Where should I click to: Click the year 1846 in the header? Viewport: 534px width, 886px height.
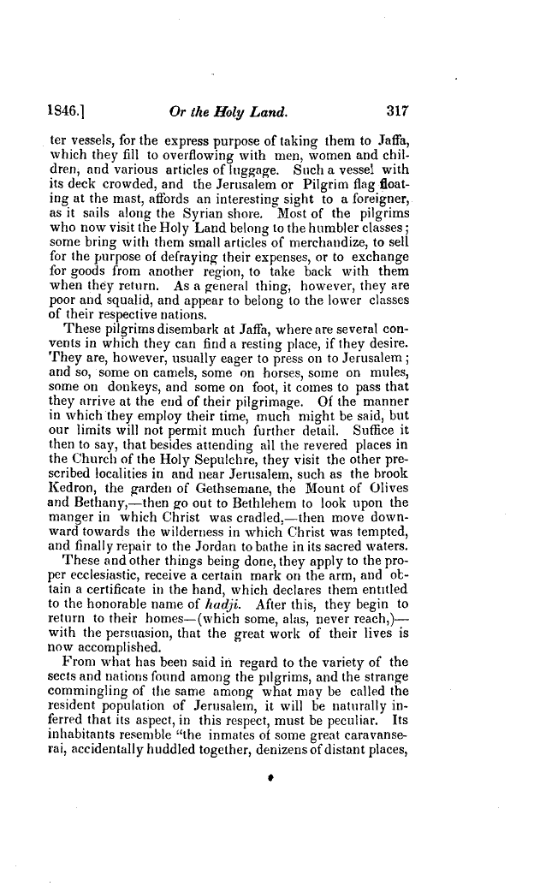(x=62, y=109)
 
